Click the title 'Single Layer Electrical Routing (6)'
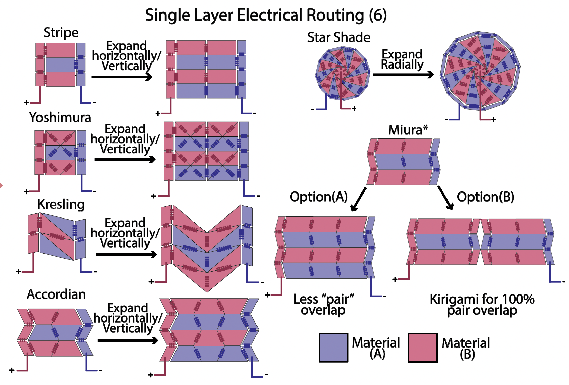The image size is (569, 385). tap(266, 15)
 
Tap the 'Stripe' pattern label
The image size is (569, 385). tap(61, 33)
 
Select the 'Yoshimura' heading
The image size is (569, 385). tap(60, 118)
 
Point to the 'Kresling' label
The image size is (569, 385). tap(61, 204)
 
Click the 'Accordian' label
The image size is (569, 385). tap(56, 294)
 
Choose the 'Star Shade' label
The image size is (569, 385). tap(338, 37)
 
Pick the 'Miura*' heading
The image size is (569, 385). tap(408, 130)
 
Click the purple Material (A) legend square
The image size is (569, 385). tap(333, 348)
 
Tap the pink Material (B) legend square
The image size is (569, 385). tap(423, 348)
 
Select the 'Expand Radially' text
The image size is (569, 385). tap(402, 59)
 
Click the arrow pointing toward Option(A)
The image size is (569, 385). tap(359, 199)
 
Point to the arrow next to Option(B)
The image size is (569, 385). tap(445, 198)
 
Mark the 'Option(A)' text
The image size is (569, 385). tap(319, 197)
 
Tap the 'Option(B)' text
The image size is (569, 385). tap(485, 197)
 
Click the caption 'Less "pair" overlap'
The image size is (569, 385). tap(323, 304)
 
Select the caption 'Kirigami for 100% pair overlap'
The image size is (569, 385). tap(482, 304)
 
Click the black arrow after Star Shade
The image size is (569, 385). tap(403, 74)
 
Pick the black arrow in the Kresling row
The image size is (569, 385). tap(127, 254)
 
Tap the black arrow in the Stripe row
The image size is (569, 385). tap(122, 77)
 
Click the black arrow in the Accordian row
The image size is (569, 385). tap(128, 340)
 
